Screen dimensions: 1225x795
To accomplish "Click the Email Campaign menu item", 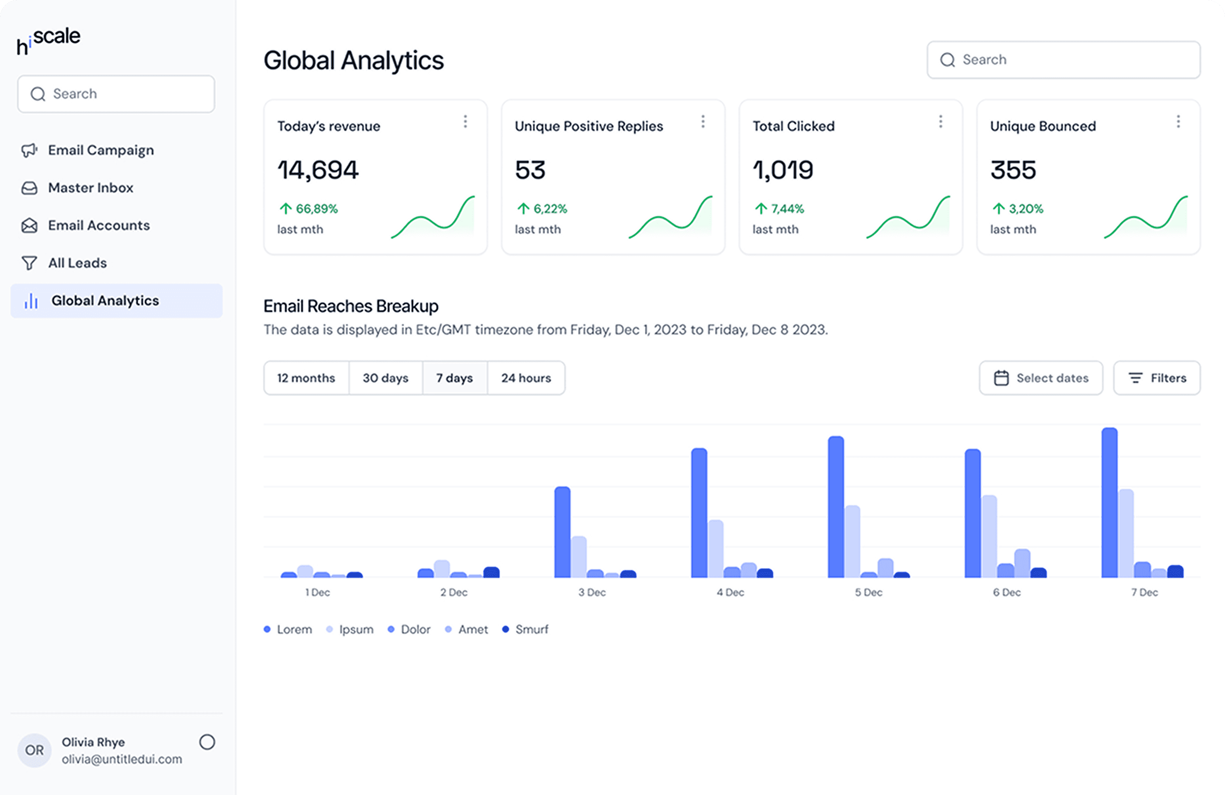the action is (x=88, y=150).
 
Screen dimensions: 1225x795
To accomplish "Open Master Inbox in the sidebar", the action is (x=77, y=188).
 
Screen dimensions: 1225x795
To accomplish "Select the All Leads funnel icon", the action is (x=29, y=263).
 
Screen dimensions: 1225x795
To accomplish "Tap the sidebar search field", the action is (x=116, y=94).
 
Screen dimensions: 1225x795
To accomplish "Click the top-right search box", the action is (x=1063, y=60).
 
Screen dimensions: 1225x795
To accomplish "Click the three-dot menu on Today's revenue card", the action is (x=465, y=122).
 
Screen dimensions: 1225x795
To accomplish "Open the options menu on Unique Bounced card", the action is (x=1178, y=122).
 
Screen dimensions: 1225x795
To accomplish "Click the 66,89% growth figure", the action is (x=308, y=209).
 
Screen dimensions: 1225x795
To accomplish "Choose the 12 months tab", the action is (x=306, y=378).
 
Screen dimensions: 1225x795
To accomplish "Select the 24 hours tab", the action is (x=526, y=378).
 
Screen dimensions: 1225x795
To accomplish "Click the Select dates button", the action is (x=1041, y=378).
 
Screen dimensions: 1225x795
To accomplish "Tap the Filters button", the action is (x=1157, y=378).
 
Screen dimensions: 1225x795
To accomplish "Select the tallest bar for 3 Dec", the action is (x=562, y=532).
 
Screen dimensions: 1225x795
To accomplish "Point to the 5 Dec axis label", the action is (x=868, y=593).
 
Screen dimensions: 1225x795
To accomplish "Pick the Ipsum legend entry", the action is (x=350, y=630).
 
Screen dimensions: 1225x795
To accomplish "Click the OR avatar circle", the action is (x=34, y=750).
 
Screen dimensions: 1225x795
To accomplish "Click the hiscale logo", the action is (x=48, y=40).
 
